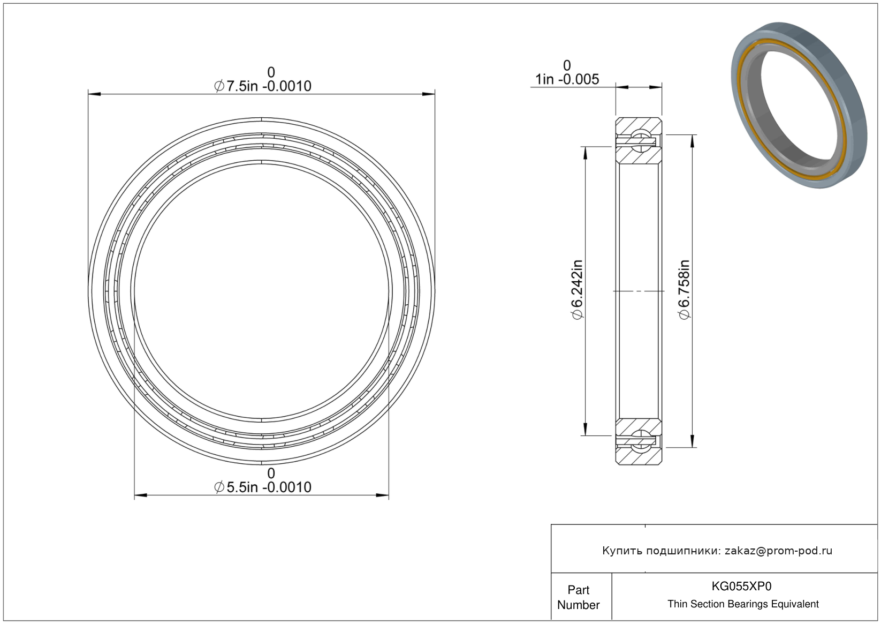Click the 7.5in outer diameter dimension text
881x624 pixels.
(263, 86)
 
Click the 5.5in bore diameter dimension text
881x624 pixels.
(263, 487)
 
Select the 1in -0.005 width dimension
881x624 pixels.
(567, 79)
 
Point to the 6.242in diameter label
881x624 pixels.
(577, 290)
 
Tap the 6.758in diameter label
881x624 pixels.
(684, 290)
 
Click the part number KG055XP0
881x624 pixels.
(741, 586)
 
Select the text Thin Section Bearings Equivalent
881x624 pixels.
(743, 604)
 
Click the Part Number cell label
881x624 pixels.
(578, 597)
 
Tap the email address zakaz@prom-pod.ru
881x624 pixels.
(778, 551)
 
